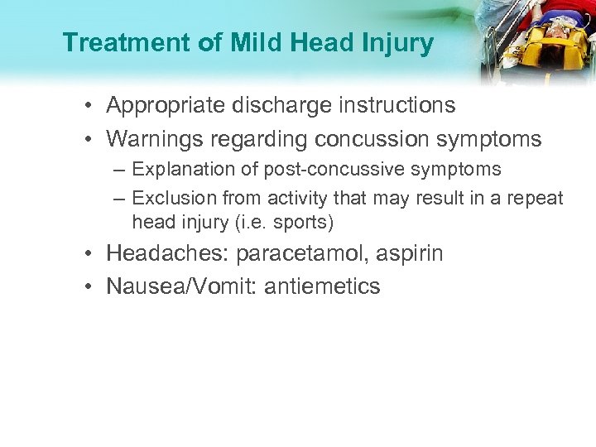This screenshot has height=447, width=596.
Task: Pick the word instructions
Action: tap(398, 106)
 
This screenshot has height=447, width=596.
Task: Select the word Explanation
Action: tap(178, 170)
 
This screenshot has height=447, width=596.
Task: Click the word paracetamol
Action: tap(296, 253)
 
